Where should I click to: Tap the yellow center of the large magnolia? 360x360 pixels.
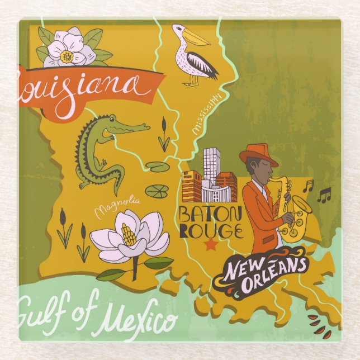(x=129, y=235)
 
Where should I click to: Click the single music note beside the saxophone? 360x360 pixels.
(x=307, y=186)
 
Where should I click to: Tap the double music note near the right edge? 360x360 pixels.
(x=324, y=195)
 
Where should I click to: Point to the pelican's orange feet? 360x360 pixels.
(x=191, y=83)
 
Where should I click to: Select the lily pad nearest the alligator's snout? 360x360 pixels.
(x=156, y=167)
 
